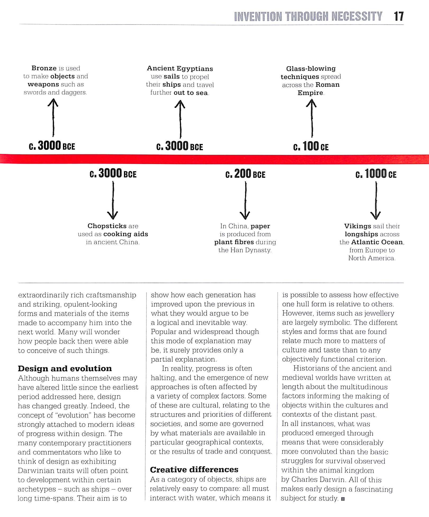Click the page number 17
point(399,16)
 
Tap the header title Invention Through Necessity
point(308,16)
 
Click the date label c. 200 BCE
point(245,174)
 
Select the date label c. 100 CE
point(311,146)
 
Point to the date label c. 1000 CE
point(376,174)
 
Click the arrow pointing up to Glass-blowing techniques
point(312,118)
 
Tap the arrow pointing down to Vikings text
point(376,200)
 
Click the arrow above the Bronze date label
point(53,117)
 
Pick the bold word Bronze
point(44,68)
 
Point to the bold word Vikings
point(358,226)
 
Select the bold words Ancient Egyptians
point(180,69)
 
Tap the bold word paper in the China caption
point(260,226)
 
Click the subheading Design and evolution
point(65,369)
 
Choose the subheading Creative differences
point(194,470)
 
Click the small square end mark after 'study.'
point(343,499)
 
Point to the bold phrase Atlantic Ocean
point(377,242)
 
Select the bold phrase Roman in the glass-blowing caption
point(327,85)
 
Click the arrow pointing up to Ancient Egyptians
point(180,119)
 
